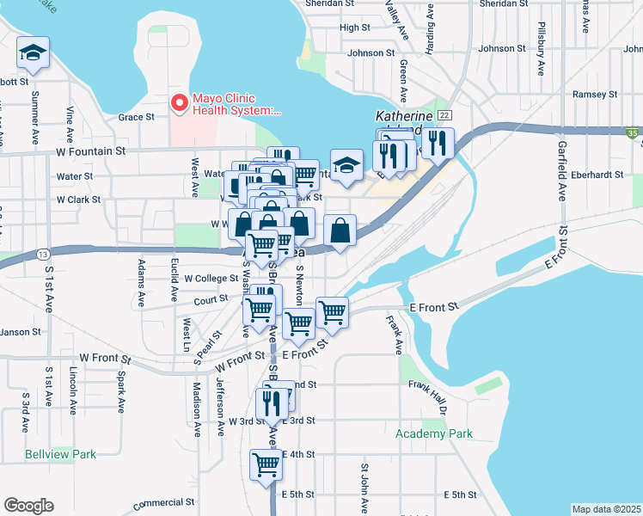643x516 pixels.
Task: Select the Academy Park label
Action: click(434, 433)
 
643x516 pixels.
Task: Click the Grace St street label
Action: click(136, 117)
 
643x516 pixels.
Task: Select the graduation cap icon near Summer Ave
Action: click(34, 54)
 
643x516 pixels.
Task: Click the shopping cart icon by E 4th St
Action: click(266, 464)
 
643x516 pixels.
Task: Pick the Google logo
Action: click(28, 506)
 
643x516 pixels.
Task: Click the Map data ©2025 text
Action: click(606, 509)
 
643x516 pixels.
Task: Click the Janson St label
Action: click(15, 332)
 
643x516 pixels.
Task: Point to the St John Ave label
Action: click(364, 482)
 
